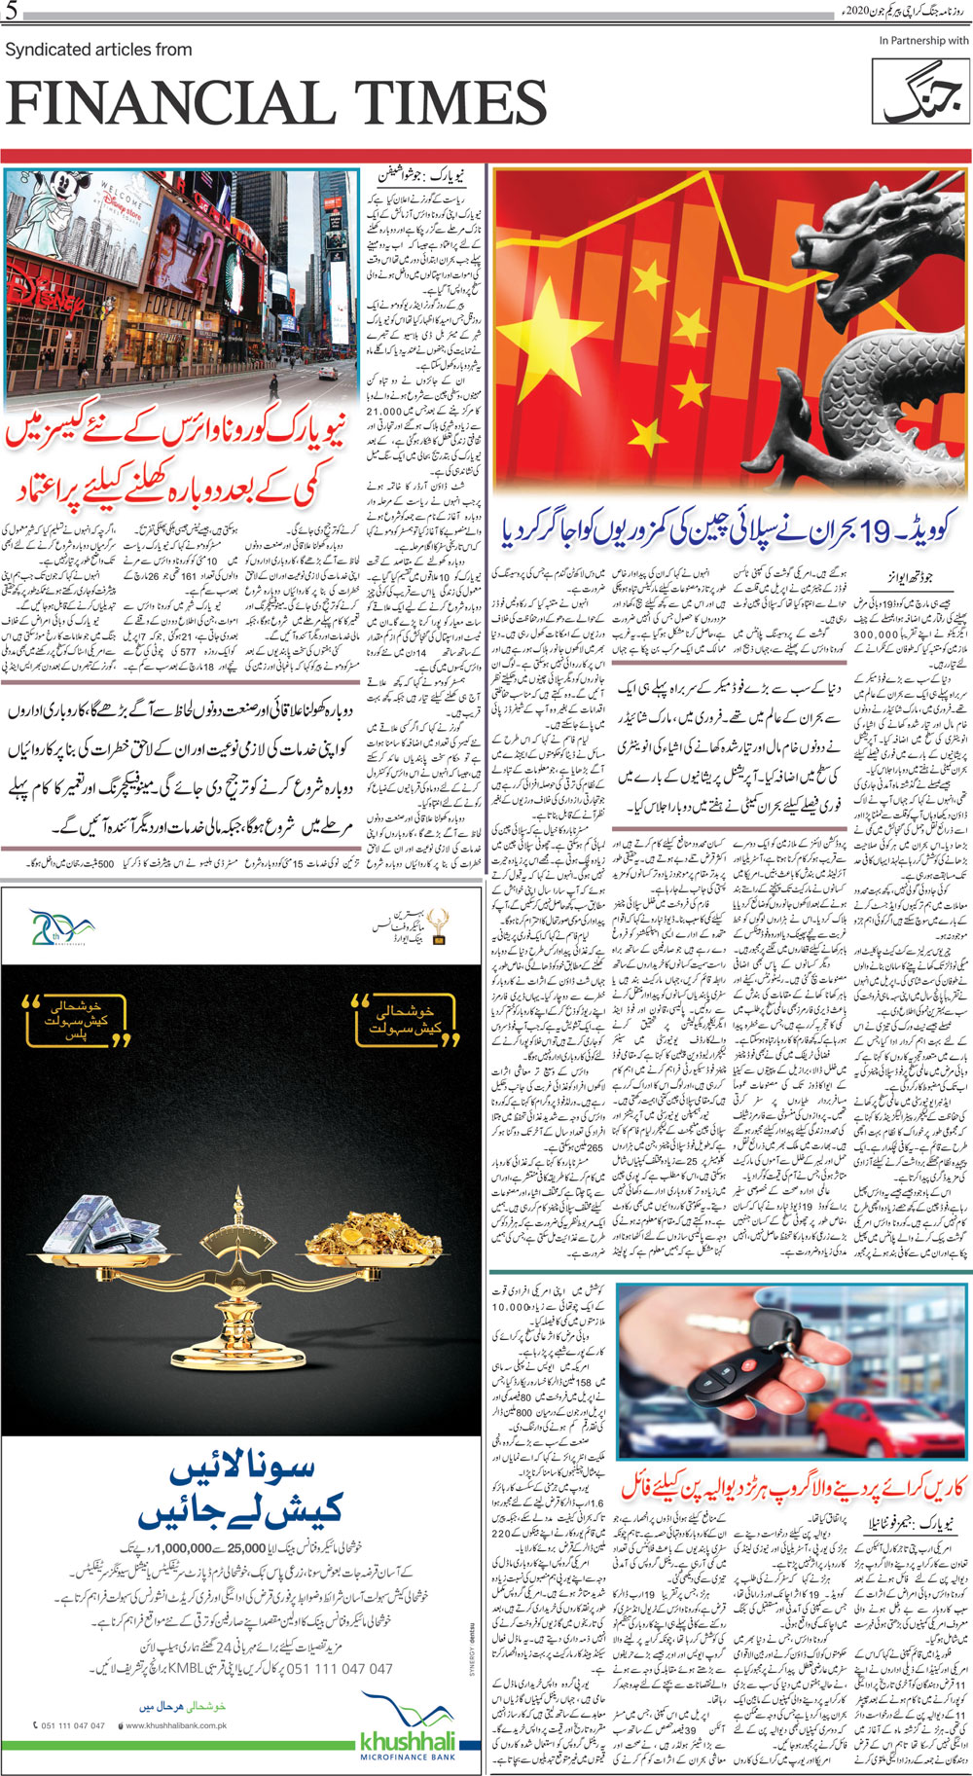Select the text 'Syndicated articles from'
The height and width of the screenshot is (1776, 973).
(99, 50)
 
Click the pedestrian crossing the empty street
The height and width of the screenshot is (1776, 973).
(276, 374)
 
